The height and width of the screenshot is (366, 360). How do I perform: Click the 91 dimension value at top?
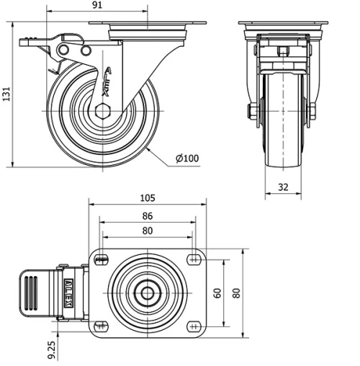[x=98, y=6]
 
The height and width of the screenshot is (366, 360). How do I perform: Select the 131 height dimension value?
[x=6, y=94]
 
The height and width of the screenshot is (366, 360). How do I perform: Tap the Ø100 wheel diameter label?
[x=186, y=159]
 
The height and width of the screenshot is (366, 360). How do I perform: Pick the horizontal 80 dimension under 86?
[x=147, y=231]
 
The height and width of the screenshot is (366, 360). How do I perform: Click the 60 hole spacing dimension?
[x=217, y=293]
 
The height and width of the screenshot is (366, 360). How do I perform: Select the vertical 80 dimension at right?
[x=235, y=293]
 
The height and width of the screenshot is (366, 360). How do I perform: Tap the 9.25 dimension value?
[x=53, y=350]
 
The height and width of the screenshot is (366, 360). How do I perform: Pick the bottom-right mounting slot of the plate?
[x=193, y=326]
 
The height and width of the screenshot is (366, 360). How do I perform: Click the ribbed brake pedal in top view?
[x=32, y=293]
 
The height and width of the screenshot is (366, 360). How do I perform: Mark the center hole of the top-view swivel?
[x=147, y=293]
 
